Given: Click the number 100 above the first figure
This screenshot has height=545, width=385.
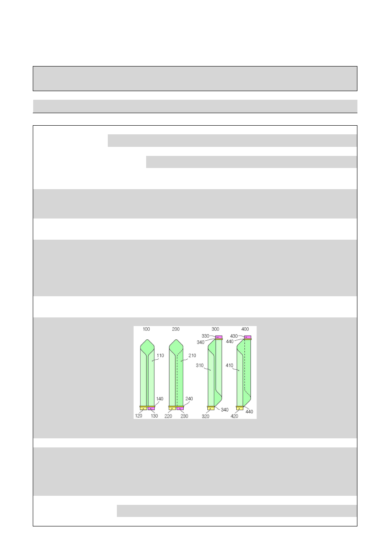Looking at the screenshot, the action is [x=146, y=329].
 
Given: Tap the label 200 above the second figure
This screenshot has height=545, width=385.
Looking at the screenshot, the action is [x=175, y=329].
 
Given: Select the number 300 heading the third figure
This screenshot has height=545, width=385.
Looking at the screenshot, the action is [x=215, y=329].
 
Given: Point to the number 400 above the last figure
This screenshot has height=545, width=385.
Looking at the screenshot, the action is [x=245, y=329].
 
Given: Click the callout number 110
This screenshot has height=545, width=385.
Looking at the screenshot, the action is [x=160, y=355].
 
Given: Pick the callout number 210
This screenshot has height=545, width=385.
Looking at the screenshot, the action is [x=192, y=355].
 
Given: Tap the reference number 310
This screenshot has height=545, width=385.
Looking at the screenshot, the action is [x=200, y=365].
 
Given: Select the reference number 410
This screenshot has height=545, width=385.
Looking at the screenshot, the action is [x=229, y=365].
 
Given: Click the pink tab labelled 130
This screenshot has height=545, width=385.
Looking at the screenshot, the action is [x=151, y=409].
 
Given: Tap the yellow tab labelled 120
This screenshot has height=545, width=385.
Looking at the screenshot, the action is [x=143, y=409].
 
